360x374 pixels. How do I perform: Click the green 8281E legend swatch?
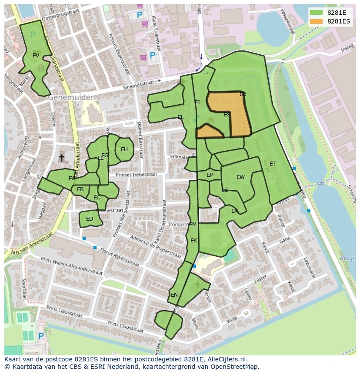(x=317, y=13)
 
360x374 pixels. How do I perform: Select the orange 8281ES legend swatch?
(x=317, y=21)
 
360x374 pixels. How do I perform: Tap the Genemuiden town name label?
(x=71, y=98)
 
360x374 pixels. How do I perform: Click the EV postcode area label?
(x=36, y=56)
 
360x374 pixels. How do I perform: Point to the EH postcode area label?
(x=124, y=149)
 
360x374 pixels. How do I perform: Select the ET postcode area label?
(x=273, y=164)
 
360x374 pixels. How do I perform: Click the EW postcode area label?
(x=240, y=177)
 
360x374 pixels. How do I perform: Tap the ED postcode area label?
(x=90, y=219)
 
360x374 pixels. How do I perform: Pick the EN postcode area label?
(x=174, y=295)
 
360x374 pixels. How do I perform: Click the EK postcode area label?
(x=194, y=241)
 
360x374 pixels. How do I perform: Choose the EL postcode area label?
(x=181, y=117)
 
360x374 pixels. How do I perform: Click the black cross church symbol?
(x=62, y=157)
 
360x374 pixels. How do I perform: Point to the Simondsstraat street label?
(x=140, y=84)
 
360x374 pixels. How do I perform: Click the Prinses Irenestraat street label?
(x=136, y=174)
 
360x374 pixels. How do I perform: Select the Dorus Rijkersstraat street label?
(x=120, y=257)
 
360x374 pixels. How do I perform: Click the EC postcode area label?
(x=97, y=198)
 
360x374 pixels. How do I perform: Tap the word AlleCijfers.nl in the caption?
(x=225, y=359)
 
